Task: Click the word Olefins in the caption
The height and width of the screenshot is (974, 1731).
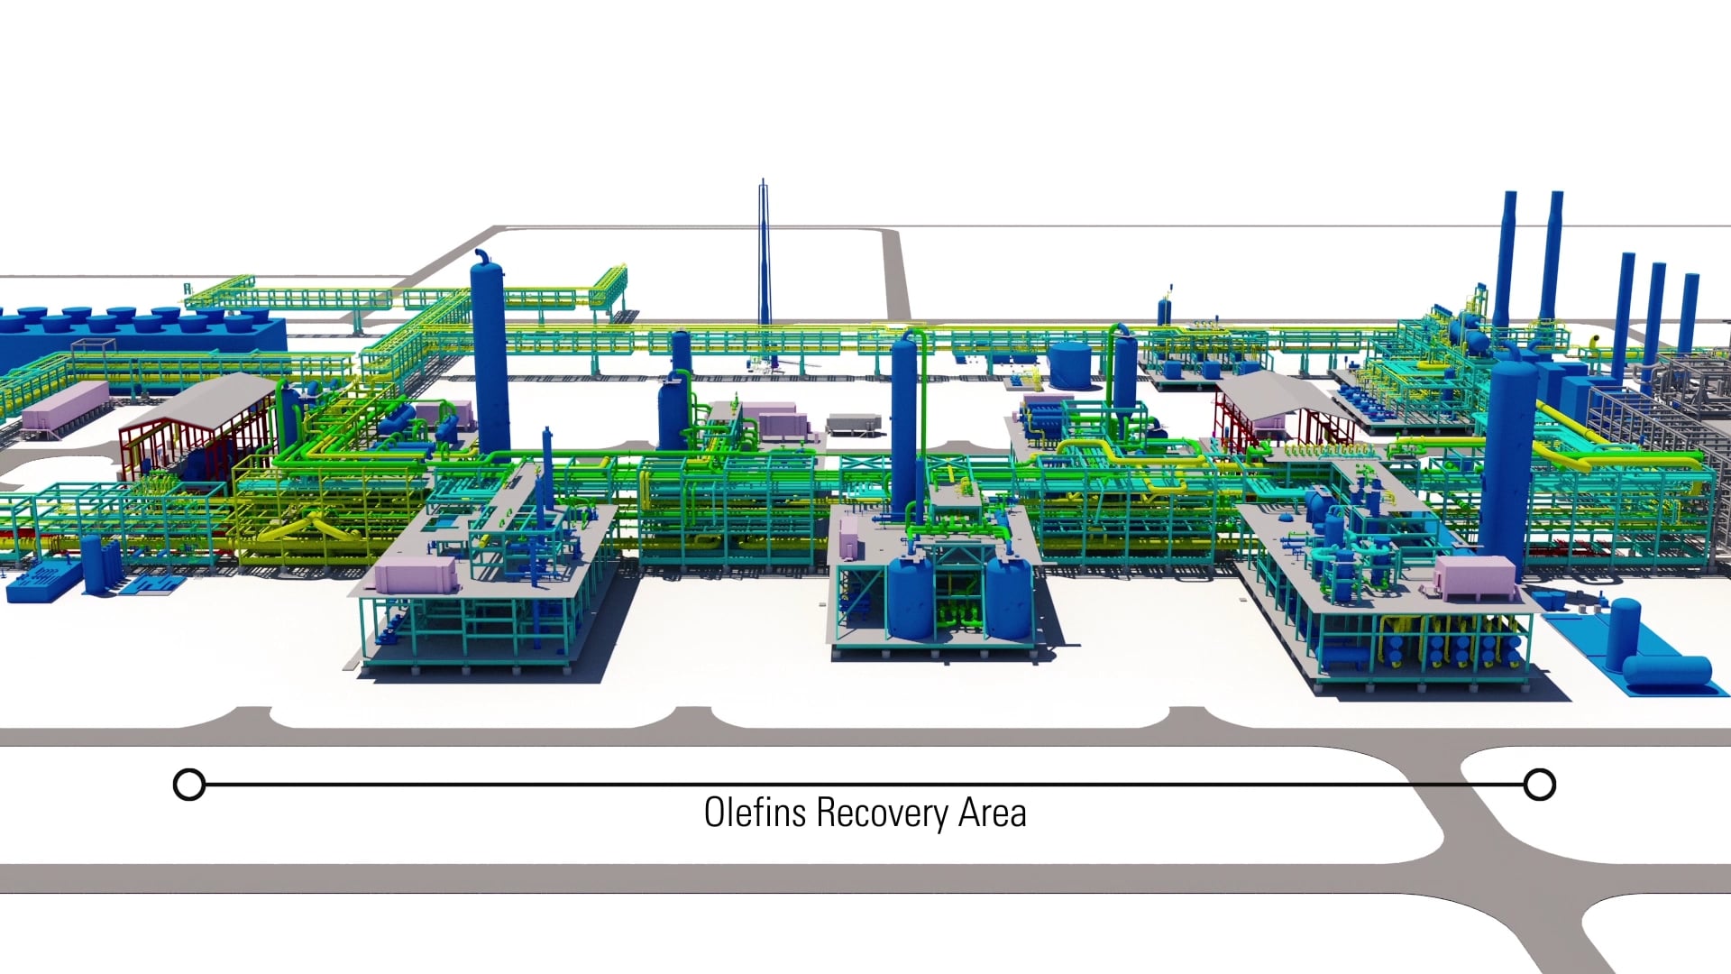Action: click(x=756, y=813)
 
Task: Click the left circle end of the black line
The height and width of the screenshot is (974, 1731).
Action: click(x=189, y=785)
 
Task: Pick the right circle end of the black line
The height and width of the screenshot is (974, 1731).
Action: click(x=1540, y=785)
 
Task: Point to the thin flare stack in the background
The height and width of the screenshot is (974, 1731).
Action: click(x=763, y=253)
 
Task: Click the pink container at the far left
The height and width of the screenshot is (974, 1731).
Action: click(x=64, y=405)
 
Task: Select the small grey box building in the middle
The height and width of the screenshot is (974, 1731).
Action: click(x=851, y=423)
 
